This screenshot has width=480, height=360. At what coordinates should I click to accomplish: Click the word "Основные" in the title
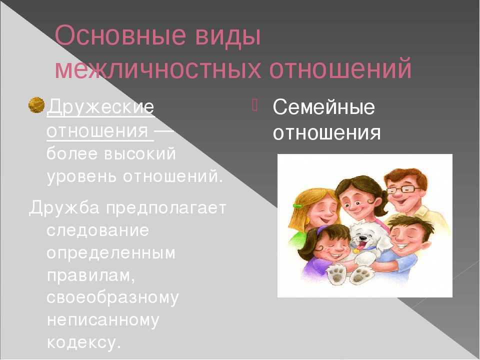click(x=121, y=35)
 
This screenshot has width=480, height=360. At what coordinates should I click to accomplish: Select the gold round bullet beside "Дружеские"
click(x=36, y=105)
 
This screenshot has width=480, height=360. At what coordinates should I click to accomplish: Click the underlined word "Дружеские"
click(x=100, y=107)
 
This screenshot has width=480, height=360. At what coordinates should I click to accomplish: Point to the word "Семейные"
click(x=323, y=107)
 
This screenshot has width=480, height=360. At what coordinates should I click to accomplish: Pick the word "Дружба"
click(x=64, y=208)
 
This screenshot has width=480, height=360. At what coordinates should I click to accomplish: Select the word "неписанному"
click(x=103, y=320)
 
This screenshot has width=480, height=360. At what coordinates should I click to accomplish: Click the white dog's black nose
click(x=363, y=237)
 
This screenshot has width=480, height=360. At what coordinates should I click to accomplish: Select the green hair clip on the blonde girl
click(x=297, y=206)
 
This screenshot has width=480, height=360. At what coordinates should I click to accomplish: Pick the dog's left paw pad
click(x=336, y=274)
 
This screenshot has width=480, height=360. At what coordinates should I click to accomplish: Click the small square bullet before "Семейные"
click(x=255, y=105)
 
